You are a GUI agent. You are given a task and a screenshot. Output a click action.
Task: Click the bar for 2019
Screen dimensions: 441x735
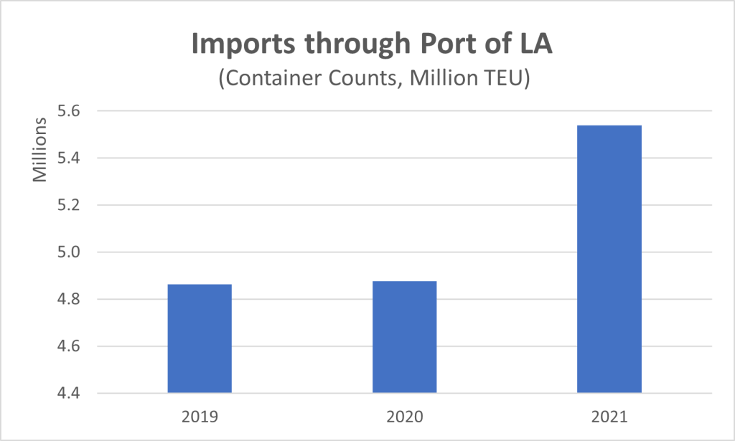tap(200, 338)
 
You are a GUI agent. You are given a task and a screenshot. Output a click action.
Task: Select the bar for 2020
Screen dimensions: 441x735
tap(404, 337)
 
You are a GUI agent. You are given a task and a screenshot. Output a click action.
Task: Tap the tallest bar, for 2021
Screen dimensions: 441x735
tap(609, 259)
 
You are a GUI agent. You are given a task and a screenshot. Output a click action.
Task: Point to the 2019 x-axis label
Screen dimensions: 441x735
tap(200, 415)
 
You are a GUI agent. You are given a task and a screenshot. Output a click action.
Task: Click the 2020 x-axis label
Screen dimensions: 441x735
tap(404, 415)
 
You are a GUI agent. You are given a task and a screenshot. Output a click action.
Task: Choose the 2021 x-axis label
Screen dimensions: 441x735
tap(609, 415)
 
